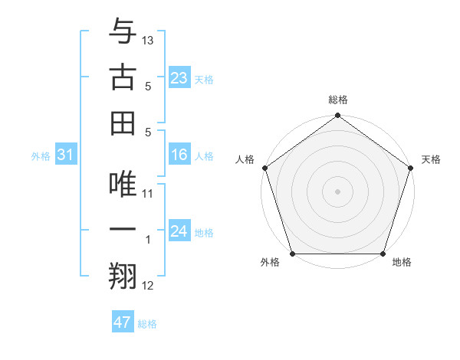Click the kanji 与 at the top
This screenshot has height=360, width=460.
pyautogui.click(x=123, y=32)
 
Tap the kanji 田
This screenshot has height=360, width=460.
pyautogui.click(x=123, y=122)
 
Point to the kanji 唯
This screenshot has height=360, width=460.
pyautogui.click(x=123, y=185)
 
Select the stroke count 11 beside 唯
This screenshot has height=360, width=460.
pyautogui.click(x=148, y=194)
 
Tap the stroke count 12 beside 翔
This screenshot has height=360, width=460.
pyautogui.click(x=148, y=286)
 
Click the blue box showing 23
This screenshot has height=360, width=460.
pyautogui.click(x=179, y=78)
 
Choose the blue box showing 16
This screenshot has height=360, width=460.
pyautogui.click(x=179, y=155)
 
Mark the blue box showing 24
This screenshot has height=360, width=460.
pyautogui.click(x=179, y=232)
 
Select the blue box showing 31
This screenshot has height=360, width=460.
pyautogui.click(x=66, y=155)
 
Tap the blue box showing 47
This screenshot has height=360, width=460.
pyautogui.click(x=123, y=322)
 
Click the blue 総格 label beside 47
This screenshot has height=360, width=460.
pyautogui.click(x=147, y=324)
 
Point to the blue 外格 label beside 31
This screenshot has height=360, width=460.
pyautogui.click(x=41, y=156)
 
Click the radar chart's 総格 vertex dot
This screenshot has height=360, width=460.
pyautogui.click(x=337, y=116)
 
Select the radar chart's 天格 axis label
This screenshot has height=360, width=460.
pyautogui.click(x=431, y=159)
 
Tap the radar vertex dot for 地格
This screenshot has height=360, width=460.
pyautogui.click(x=383, y=254)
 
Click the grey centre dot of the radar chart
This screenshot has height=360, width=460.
pyautogui.click(x=337, y=191)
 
